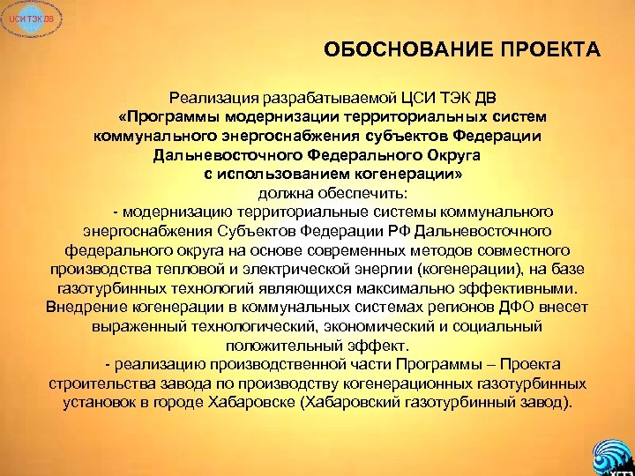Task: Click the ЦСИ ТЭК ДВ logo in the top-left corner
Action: point(22,20)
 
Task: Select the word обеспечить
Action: point(351,193)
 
